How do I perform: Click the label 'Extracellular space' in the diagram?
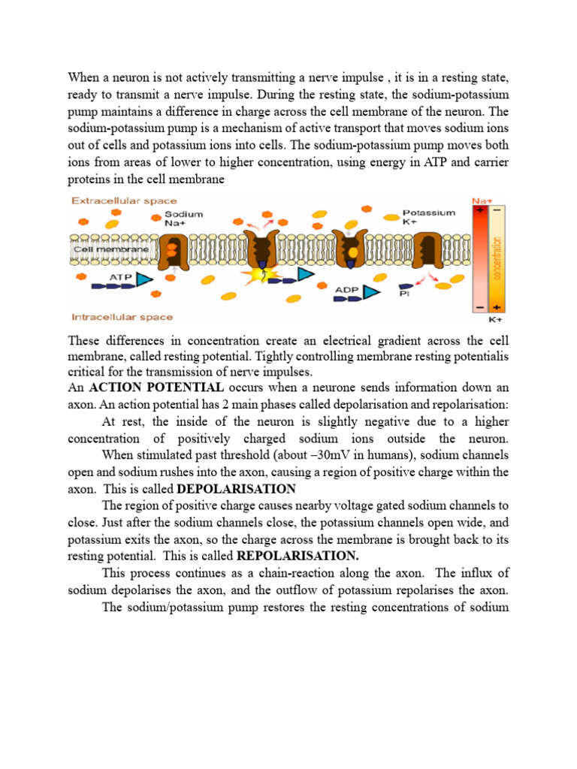[124, 201]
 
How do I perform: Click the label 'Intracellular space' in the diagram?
[122, 317]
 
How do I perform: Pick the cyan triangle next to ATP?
[144, 281]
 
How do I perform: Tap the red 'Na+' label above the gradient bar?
[480, 201]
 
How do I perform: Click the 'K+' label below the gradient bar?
[497, 319]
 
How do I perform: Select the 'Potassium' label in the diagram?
[429, 213]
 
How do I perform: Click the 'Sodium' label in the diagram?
[184, 214]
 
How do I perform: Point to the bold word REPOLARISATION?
[298, 556]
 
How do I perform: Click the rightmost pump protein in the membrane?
[431, 247]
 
